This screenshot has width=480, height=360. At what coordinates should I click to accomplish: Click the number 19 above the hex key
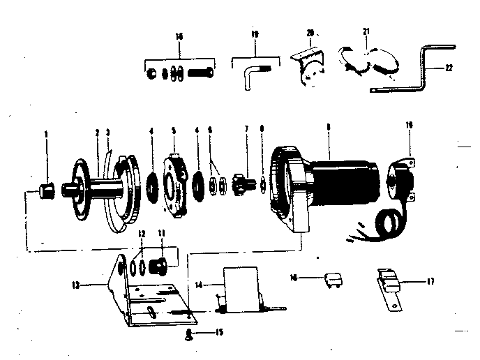[x=255, y=33]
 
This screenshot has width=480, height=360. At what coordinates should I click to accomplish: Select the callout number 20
[x=310, y=33]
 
